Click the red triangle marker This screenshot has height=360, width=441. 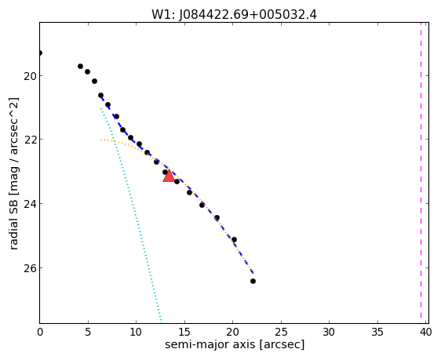[x=169, y=176]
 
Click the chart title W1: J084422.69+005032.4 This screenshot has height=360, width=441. [x=234, y=14]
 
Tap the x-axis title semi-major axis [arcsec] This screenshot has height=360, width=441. [x=235, y=344]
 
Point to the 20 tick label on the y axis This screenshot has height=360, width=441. [x=30, y=76]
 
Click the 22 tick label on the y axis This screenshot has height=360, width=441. [x=30, y=140]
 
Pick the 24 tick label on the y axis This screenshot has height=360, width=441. [x=30, y=203]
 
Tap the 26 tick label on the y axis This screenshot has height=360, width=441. [x=30, y=267]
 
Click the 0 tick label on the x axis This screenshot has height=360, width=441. [x=40, y=333]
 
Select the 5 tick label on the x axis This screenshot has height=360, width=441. [x=88, y=333]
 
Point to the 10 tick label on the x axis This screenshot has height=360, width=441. [x=136, y=333]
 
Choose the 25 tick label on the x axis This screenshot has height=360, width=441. [x=281, y=333]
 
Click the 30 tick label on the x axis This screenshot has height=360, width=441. [x=329, y=333]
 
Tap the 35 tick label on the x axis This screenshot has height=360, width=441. [x=377, y=333]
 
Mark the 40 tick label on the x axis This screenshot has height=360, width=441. [x=425, y=333]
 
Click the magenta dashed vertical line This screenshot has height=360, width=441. [x=421, y=170]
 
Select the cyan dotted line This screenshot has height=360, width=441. [x=131, y=215]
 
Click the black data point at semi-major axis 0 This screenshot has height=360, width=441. [x=40, y=53]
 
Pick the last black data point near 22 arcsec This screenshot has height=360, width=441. [x=253, y=281]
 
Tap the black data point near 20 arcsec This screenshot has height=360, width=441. [x=234, y=240]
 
